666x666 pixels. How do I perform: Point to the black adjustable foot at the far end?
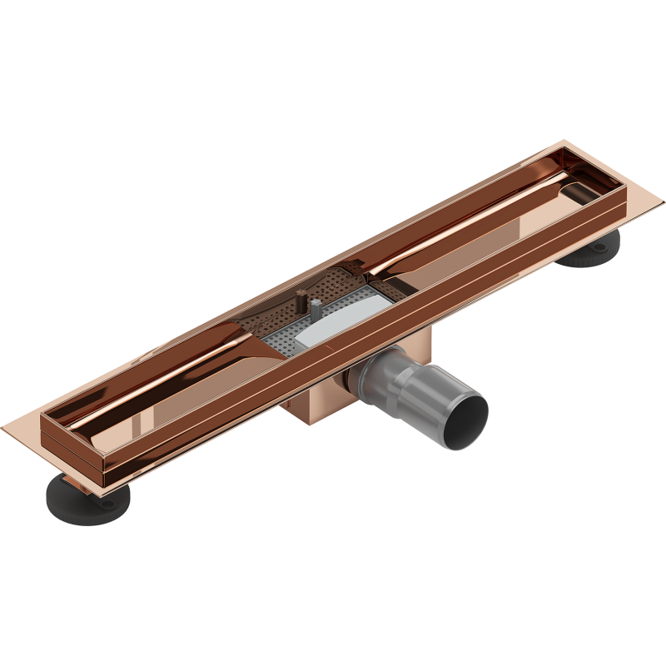click(593, 249)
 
